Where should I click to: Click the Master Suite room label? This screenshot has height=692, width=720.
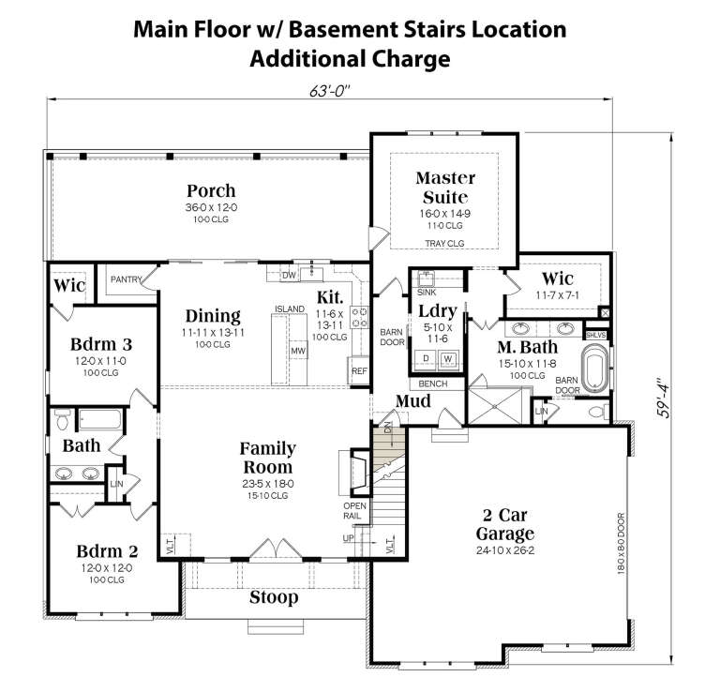point(445,187)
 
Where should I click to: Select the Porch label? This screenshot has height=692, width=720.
point(210,191)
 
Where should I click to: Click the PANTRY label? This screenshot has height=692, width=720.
point(126,279)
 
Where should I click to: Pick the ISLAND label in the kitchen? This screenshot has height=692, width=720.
point(289,308)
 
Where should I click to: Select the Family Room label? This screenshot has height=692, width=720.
point(267,458)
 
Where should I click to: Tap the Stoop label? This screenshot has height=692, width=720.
point(273,597)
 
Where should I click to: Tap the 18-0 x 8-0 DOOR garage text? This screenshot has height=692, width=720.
point(621,543)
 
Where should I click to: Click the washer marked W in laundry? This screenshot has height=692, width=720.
point(447,358)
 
